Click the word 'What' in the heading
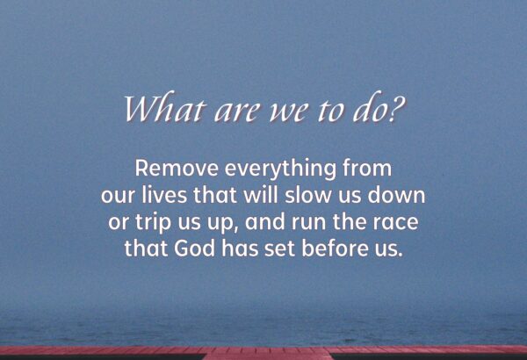point(164,107)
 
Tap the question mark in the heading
point(395,108)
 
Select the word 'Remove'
point(177,168)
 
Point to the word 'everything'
point(280,169)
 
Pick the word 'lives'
point(164,195)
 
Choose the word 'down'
point(397,195)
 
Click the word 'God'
point(195,248)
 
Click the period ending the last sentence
point(400,256)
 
